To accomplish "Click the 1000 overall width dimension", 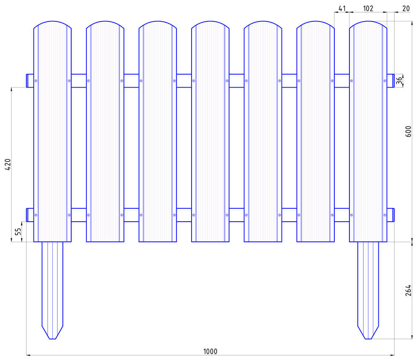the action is click(x=210, y=352).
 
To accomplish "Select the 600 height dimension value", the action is click(x=408, y=132).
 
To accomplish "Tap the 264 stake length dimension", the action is click(x=408, y=290).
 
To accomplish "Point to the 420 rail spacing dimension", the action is click(x=8, y=165).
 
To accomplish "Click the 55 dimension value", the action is click(x=18, y=231).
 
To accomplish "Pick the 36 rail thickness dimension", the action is click(x=399, y=81).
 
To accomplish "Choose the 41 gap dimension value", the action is click(x=342, y=8).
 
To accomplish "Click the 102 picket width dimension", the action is click(x=368, y=8).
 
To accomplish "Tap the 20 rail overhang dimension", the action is click(x=406, y=8).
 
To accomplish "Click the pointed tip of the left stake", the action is click(x=52, y=339).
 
